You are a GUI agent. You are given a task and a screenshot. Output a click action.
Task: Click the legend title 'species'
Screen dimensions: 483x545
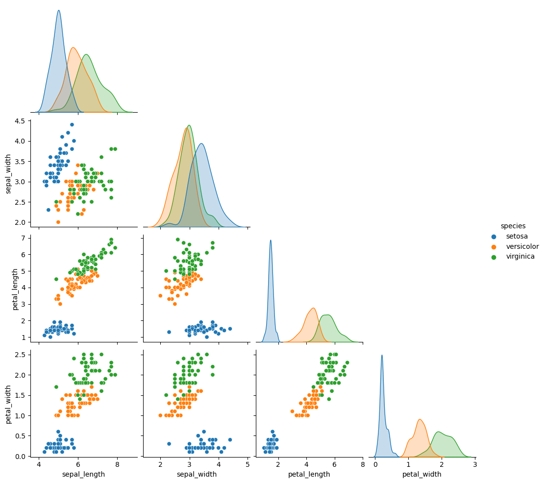[513, 226]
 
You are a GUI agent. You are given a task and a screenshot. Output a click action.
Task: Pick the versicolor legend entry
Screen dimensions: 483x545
[522, 246]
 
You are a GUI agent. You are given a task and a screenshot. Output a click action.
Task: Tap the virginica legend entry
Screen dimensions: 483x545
[520, 256]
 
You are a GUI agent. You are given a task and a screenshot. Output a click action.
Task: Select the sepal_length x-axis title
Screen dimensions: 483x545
[84, 474]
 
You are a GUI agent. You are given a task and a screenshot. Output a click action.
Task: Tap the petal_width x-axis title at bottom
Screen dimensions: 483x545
[421, 474]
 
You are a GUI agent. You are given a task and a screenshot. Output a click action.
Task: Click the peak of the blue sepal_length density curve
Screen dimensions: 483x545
[59, 10]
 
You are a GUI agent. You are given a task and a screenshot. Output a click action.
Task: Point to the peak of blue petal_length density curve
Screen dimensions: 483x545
[271, 240]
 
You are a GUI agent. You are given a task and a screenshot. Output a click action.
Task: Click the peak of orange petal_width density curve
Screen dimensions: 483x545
[420, 419]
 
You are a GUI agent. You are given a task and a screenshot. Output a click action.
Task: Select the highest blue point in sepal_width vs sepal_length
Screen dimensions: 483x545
[72, 124]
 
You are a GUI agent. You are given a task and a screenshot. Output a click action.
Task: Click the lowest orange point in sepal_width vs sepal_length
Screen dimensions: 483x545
[58, 222]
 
